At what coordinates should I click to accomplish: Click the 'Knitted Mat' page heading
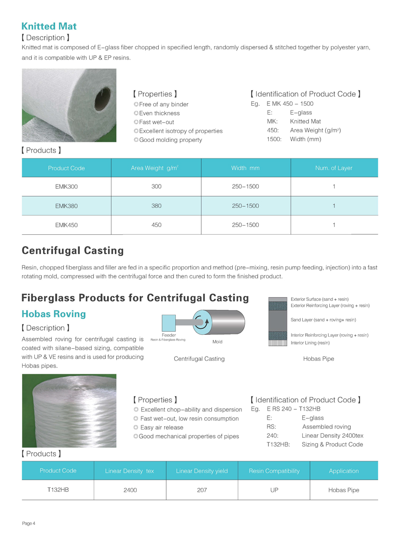(x=49, y=26)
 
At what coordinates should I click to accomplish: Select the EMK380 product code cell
(x=66, y=206)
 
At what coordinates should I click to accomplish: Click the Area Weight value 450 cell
(x=156, y=225)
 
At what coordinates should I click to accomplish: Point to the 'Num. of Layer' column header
(x=334, y=168)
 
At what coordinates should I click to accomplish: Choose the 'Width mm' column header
(x=245, y=168)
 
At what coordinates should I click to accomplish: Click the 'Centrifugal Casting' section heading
(x=73, y=250)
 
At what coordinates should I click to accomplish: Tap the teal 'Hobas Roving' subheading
(x=54, y=314)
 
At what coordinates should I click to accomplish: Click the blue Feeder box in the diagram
(x=169, y=323)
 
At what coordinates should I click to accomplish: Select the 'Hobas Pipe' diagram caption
(x=318, y=358)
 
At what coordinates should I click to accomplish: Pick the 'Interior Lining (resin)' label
(x=310, y=343)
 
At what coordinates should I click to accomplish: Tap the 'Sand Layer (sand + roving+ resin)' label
(x=323, y=320)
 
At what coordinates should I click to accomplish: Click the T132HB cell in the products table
(x=57, y=489)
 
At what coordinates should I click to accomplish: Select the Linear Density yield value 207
(x=202, y=490)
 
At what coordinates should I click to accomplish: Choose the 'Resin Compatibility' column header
(x=274, y=470)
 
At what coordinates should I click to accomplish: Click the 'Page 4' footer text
(x=28, y=524)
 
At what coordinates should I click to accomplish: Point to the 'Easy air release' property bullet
(x=161, y=427)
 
